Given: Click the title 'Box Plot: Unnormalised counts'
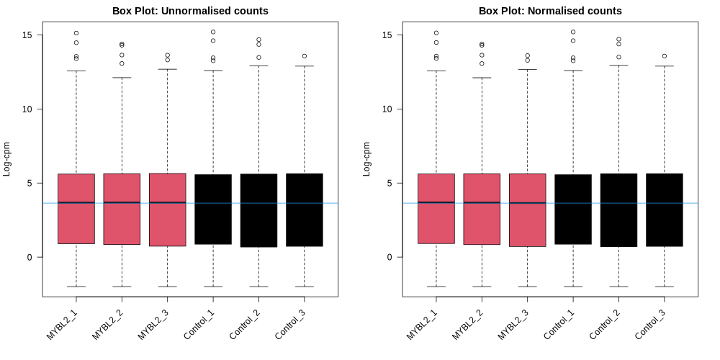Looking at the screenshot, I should (190, 11).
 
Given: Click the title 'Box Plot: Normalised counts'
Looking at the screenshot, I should (550, 11).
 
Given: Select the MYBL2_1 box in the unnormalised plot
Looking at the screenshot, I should (76, 209).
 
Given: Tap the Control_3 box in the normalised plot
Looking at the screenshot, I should (664, 210).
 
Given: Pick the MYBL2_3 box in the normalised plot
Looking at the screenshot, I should (527, 210).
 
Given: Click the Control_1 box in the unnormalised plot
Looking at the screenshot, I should (213, 209).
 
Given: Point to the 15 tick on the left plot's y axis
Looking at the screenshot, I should (29, 35).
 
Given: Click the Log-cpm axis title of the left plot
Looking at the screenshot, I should (7, 158).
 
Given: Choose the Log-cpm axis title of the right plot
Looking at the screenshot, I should (367, 158).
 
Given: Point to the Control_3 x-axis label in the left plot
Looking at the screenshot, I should (291, 323).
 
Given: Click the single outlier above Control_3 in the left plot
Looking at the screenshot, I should (305, 56).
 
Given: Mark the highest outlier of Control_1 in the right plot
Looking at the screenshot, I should (573, 32).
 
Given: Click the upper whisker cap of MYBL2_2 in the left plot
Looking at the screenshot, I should (122, 78).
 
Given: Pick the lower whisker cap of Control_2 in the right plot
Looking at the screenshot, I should (618, 287).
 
